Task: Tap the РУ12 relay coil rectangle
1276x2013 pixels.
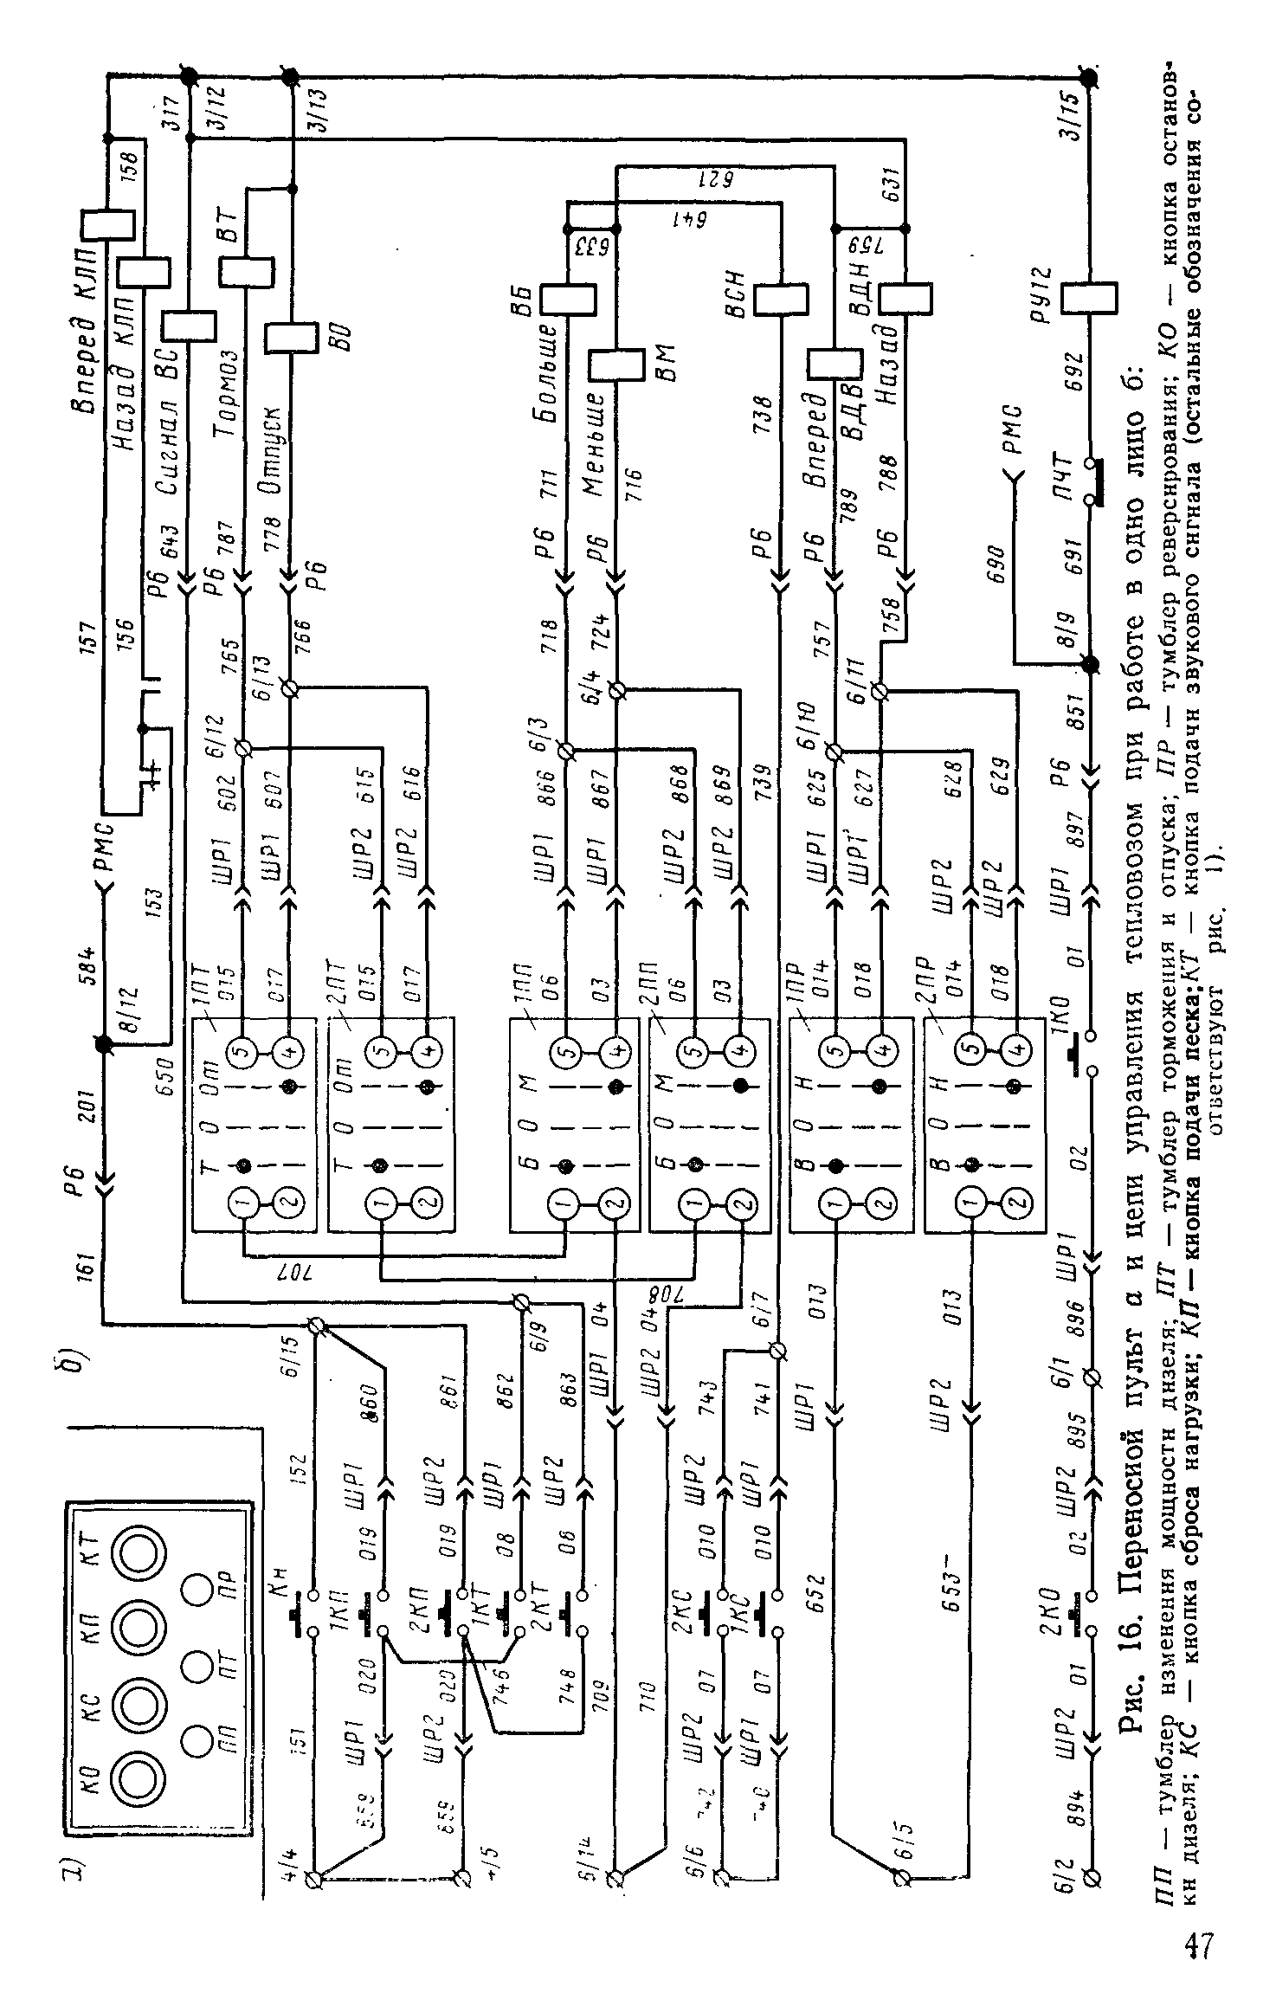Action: point(1087,299)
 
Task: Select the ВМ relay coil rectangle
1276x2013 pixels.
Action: point(616,365)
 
